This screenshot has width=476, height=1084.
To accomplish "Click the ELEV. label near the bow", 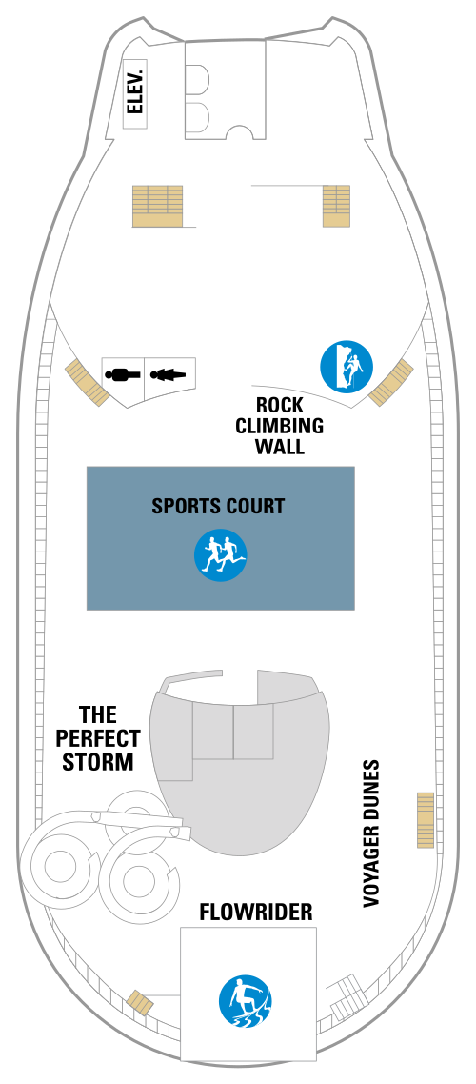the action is coord(135,94).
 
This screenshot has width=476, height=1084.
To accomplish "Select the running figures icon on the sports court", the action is coord(220,554).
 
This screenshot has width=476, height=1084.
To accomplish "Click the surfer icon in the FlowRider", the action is coord(246,1001).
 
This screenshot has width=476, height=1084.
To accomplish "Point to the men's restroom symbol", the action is coord(123,374).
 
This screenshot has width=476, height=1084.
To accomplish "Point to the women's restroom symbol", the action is coord(168,374).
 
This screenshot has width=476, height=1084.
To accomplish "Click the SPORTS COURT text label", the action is coord(218,506).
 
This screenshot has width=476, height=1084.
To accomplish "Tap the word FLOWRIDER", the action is coord(256,913).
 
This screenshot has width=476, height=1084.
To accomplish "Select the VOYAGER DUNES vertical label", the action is coord(371,833).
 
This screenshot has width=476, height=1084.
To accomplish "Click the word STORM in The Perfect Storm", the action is coord(97,762).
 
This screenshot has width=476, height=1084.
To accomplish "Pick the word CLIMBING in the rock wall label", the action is coord(279,425).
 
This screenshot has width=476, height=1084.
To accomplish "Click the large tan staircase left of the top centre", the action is coord(157,206).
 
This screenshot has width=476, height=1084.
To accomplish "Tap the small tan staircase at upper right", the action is coord(336,206).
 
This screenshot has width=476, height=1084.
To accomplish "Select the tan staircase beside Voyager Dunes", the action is coord(426,820).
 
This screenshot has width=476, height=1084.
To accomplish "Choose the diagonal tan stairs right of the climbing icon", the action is coord(391,382).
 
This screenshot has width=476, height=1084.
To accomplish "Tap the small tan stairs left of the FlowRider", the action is coord(140,1001).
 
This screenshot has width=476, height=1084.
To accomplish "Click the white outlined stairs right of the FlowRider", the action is coord(348,996).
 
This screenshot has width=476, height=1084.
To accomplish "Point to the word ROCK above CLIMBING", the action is coord(279,405).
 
